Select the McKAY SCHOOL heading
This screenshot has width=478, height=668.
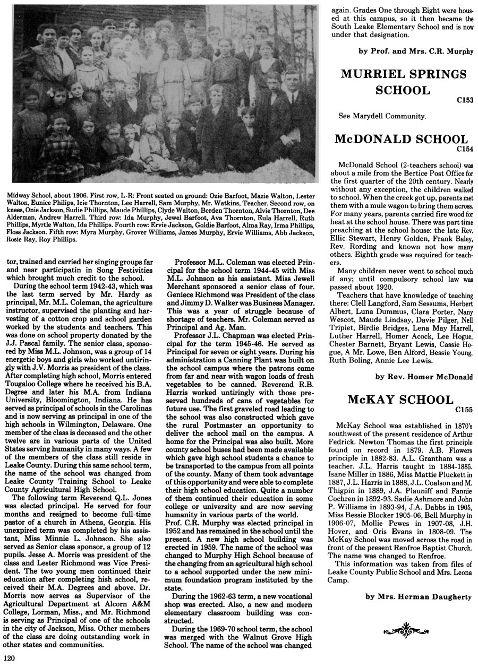pos(400,400)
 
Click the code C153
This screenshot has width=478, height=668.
pos(464,99)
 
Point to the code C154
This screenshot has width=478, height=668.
pos(464,150)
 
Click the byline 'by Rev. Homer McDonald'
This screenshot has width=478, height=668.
pos(423,377)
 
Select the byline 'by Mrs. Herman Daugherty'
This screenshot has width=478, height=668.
pos(419,597)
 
